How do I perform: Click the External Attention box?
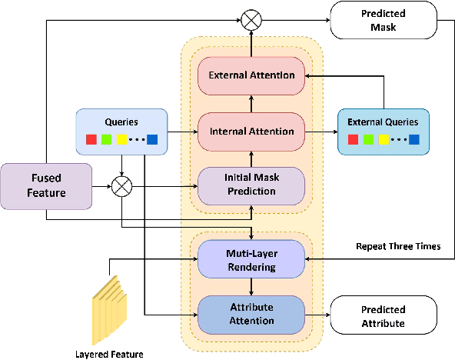pos(251,75)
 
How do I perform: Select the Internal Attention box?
pos(251,131)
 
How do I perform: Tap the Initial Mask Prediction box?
pos(251,185)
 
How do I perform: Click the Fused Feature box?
pos(45,186)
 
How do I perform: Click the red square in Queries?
pos(91,139)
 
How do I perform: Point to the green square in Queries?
pos(106,139)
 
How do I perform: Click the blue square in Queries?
pos(151,139)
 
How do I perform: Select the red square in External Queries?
pos(354,140)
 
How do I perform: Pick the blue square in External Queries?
pos(414,140)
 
